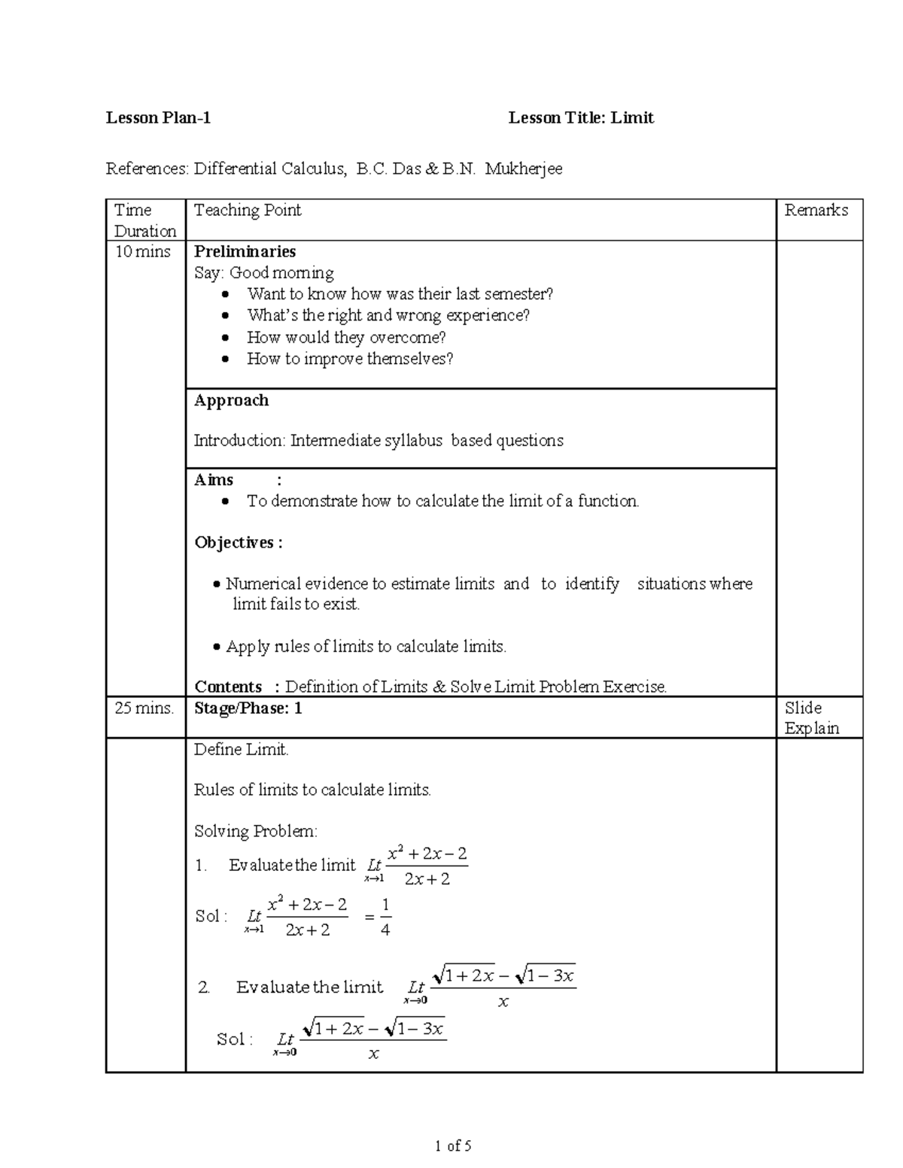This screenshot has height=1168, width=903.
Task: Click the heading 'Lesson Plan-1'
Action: [158, 117]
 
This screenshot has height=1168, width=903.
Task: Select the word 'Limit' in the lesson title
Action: [632, 117]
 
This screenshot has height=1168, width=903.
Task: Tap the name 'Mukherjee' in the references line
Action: [524, 168]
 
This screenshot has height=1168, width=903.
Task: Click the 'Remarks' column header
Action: [816, 210]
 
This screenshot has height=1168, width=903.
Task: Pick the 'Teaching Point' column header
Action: [248, 210]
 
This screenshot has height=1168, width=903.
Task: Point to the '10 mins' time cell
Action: [142, 251]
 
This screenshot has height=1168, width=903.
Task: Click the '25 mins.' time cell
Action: [144, 708]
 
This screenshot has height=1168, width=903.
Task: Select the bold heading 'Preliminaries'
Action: [245, 251]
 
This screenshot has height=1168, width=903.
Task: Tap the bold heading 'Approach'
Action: [231, 400]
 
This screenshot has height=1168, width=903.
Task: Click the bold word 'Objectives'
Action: [234, 542]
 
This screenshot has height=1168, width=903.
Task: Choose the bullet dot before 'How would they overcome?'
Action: [225, 338]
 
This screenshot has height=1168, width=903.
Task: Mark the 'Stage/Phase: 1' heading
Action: [248, 708]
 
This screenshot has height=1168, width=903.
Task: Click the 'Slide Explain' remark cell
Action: [811, 717]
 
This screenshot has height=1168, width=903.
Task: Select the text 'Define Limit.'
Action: [242, 749]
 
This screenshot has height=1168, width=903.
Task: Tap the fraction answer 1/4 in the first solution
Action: [385, 917]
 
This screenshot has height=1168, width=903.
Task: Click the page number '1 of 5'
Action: [453, 1146]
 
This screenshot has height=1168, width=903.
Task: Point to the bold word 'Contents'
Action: [228, 687]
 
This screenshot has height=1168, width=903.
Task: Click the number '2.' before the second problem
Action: [204, 987]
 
